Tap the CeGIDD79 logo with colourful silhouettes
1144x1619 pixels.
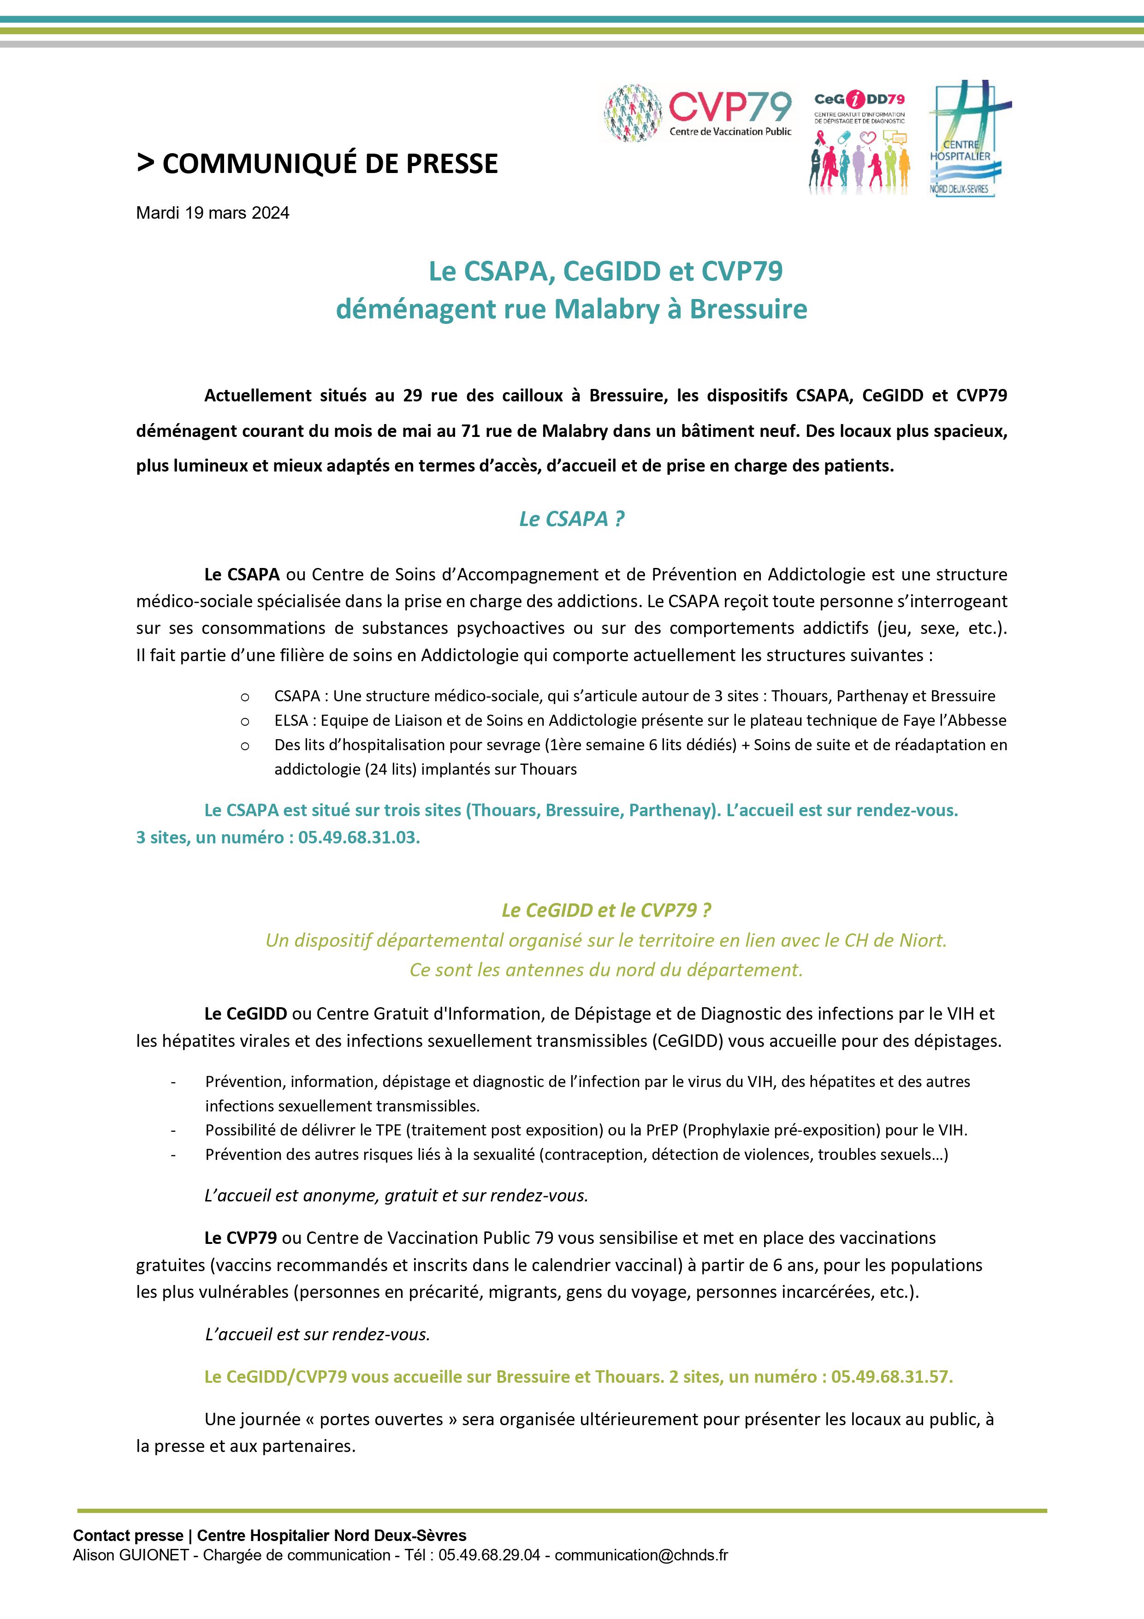(x=859, y=143)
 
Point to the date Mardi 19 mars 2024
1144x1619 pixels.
(x=212, y=213)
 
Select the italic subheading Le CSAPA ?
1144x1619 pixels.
(x=572, y=519)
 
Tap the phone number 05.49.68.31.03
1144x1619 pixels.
(x=359, y=838)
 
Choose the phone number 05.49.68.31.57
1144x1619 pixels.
(x=892, y=1376)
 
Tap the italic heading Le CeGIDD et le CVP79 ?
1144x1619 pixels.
(x=606, y=910)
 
